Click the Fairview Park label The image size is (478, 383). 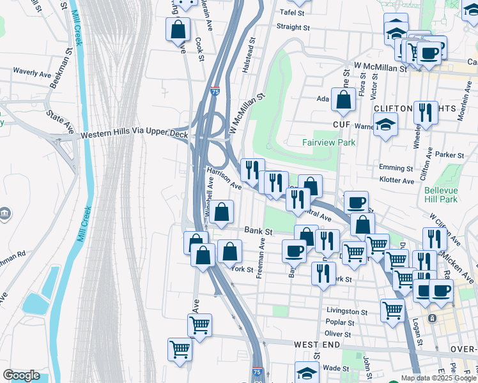coord(328,142)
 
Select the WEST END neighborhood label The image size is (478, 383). coord(316,344)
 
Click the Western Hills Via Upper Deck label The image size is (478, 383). coord(134,135)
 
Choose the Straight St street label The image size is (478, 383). coord(293,27)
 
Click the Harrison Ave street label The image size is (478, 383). coord(223,178)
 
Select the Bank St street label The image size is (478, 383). coord(259,230)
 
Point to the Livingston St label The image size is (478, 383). coord(348,312)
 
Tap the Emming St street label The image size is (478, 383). coord(396,169)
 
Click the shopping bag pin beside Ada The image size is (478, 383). coord(344,100)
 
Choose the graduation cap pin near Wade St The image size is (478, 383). coord(307,372)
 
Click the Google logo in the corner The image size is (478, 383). coord(21,375)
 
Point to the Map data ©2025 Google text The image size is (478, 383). coord(439,378)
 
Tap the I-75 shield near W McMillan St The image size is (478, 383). coord(215,91)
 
